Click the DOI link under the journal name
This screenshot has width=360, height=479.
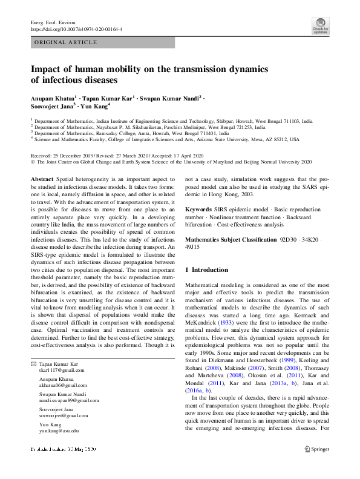[x=76, y=29]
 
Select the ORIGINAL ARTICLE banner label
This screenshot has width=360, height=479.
[x=67, y=42]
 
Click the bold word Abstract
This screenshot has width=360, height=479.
[x=42, y=180]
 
